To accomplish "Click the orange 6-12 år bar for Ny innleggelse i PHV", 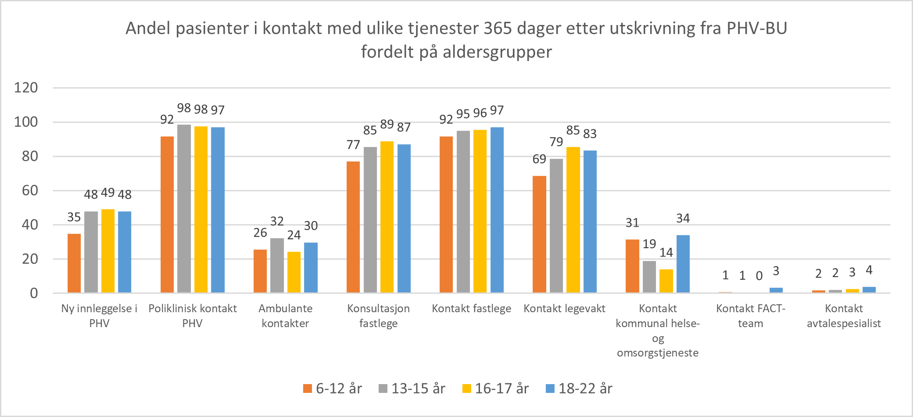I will [x=74, y=263].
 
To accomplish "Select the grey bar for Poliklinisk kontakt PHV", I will [x=184, y=209].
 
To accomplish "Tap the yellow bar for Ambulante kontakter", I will [x=294, y=272].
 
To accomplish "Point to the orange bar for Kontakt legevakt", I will [x=539, y=234].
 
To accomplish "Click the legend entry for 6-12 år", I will [x=333, y=388].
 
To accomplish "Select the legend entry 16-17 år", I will [x=496, y=388].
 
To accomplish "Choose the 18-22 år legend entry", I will [x=579, y=388].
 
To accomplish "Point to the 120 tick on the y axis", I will [x=26, y=88].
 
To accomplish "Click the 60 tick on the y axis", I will [x=30, y=190].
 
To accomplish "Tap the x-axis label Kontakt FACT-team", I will [x=751, y=316].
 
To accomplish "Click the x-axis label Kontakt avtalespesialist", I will [x=844, y=316].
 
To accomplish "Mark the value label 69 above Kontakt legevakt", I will [x=539, y=159].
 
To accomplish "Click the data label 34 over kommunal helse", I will [x=683, y=218].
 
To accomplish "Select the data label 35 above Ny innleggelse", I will [x=74, y=217].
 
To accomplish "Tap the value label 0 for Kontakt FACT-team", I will [x=759, y=276].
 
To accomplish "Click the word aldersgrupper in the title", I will [x=497, y=52].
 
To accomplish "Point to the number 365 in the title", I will [x=498, y=28].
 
